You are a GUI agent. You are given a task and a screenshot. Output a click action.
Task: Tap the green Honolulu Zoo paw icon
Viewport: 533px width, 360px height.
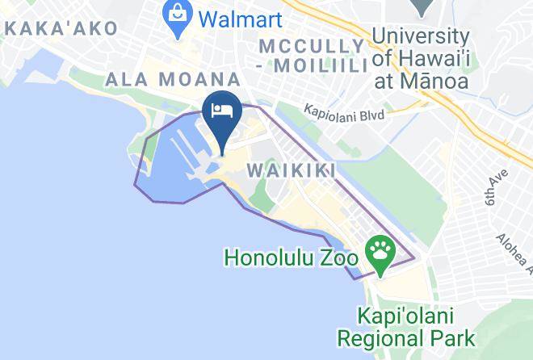pos(379,249)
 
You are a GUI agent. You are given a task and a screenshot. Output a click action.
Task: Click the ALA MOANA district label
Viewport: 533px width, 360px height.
pos(173,80)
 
